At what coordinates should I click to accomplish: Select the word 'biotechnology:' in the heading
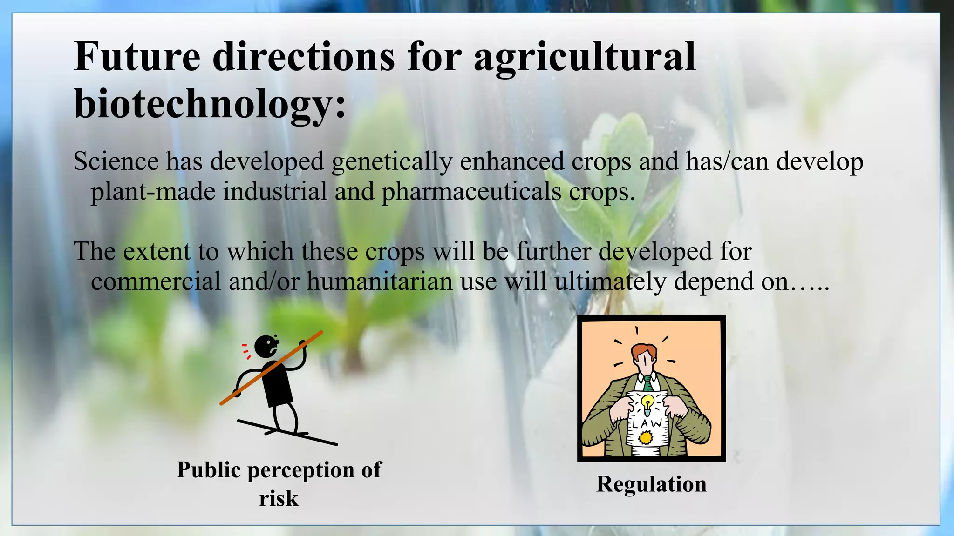click(210, 103)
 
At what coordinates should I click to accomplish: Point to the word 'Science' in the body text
click(116, 161)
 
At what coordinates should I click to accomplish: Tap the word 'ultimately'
click(610, 281)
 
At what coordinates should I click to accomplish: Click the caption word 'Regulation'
click(651, 484)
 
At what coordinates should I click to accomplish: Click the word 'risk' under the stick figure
click(279, 498)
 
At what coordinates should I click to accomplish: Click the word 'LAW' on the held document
click(647, 423)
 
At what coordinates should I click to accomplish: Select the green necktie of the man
click(647, 383)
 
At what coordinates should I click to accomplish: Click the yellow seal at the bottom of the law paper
click(645, 437)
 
